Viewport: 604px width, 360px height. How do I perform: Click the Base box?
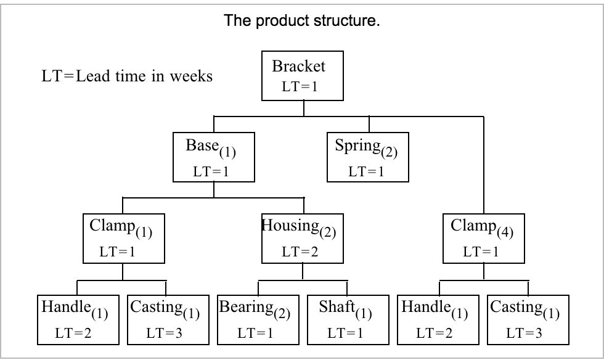tap(213, 157)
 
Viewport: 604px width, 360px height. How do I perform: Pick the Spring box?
tap(367, 157)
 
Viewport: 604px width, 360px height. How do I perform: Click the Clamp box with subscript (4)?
tap(483, 237)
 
